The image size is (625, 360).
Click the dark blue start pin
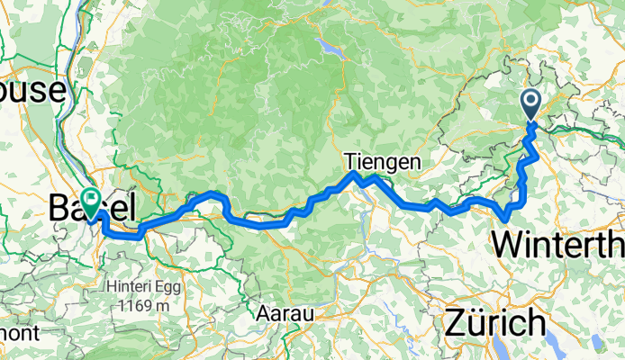click(x=530, y=103)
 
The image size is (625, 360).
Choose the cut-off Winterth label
click(x=558, y=243)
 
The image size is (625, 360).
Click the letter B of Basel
click(x=61, y=209)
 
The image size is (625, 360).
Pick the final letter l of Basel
click(x=132, y=209)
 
